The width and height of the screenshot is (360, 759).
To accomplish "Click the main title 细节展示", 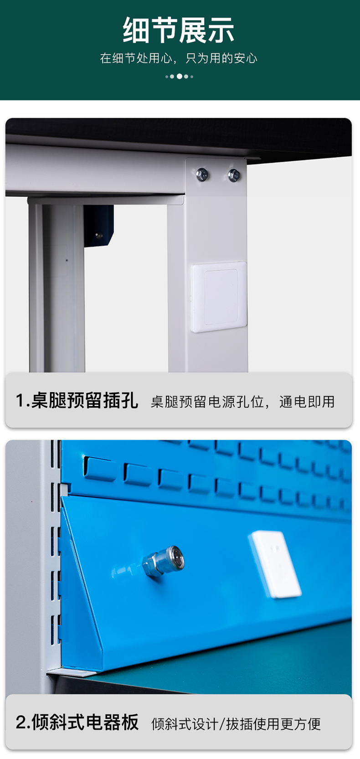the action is tap(179, 30).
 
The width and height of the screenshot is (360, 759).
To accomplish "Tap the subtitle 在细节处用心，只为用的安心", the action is tap(179, 58).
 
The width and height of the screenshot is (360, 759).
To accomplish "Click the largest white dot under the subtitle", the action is tap(180, 76).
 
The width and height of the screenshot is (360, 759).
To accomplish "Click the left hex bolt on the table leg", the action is tap(202, 174).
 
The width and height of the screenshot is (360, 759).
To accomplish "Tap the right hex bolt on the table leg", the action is tap(234, 175).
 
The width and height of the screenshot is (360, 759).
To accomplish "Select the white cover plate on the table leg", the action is tap(219, 296).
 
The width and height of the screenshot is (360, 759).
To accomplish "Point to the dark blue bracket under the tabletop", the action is tap(98, 226).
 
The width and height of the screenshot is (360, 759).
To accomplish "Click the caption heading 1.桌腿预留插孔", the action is tap(77, 401).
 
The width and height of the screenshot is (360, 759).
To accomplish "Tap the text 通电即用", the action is tap(307, 402).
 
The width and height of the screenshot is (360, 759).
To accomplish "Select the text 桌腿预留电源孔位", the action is tap(207, 402).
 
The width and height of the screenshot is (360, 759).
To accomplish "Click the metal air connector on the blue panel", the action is tap(164, 563).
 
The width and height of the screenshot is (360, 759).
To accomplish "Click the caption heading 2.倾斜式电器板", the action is tap(77, 722).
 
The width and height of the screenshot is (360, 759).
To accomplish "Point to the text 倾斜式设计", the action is tap(185, 724).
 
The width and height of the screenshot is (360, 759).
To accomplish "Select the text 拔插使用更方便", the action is tap(273, 724).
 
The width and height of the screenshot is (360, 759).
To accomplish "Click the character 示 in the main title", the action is tap(221, 30).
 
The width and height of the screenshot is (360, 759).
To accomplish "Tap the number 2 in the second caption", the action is tap(21, 723).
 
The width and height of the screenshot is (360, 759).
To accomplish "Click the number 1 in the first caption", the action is tap(20, 401).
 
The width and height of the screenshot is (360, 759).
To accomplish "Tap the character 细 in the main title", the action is tap(136, 30).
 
